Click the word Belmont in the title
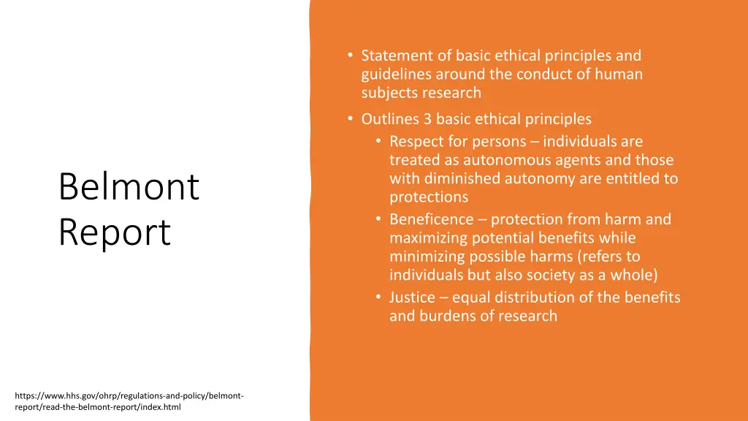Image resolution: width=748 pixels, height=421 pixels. pos(129,186)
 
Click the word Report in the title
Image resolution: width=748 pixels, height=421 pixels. pos(115,232)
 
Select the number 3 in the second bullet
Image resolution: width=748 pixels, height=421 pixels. pos(428,119)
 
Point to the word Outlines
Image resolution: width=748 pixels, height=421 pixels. pos(390,119)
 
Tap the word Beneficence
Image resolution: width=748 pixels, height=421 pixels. pos(431,219)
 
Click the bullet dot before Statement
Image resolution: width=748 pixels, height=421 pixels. pos(351,56)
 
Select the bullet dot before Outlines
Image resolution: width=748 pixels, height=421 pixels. pos(351,119)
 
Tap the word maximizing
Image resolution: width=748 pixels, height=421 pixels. pos(430,238)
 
